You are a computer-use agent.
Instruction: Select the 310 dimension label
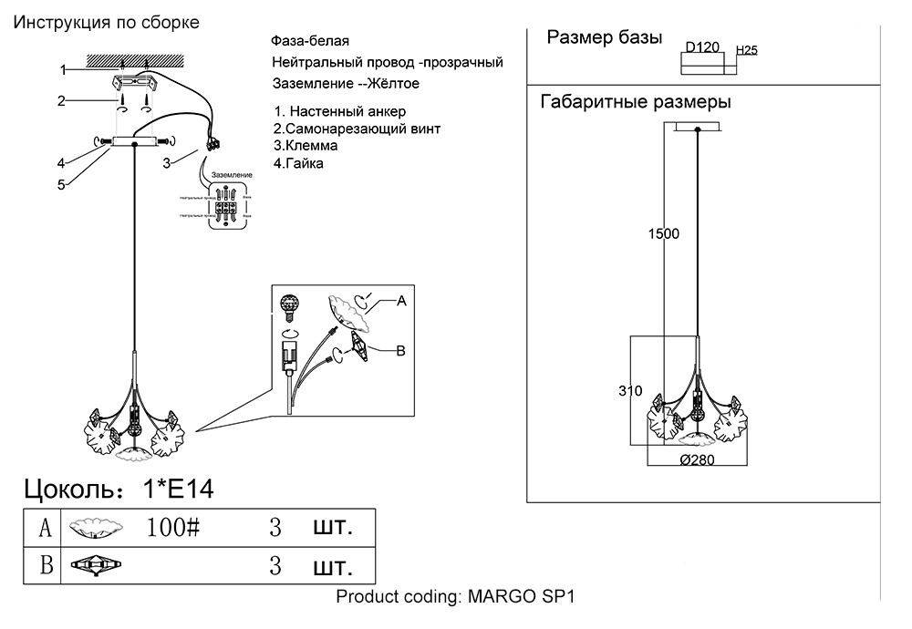click(x=630, y=391)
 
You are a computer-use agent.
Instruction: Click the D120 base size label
click(x=703, y=46)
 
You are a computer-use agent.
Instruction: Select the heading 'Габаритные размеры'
click(x=636, y=101)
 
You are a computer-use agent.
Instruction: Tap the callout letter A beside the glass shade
click(x=401, y=300)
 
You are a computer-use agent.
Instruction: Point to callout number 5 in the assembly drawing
click(x=61, y=185)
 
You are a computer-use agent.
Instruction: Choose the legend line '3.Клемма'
click(x=306, y=146)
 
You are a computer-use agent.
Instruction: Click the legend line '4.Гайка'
click(x=298, y=163)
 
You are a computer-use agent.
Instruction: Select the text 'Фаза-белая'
click(x=309, y=42)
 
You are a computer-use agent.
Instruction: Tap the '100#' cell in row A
click(x=172, y=527)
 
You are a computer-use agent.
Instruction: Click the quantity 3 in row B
click(x=275, y=566)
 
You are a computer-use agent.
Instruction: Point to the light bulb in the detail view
click(x=290, y=306)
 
